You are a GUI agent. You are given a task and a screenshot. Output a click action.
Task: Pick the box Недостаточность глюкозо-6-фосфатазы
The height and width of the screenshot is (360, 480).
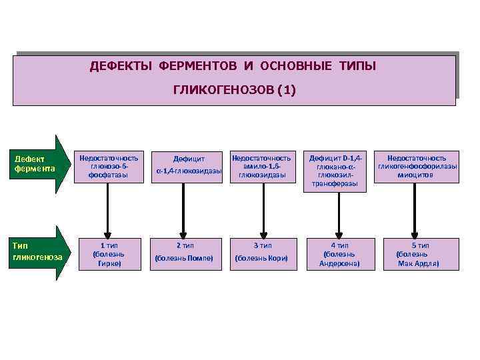[109, 167]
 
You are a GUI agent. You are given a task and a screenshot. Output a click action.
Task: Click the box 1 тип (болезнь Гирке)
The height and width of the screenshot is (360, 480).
[109, 254]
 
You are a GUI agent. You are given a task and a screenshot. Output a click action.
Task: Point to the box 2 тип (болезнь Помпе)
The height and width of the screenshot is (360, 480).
[184, 253]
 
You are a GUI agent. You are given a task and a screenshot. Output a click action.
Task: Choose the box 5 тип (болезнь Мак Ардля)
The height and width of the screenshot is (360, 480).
[417, 254]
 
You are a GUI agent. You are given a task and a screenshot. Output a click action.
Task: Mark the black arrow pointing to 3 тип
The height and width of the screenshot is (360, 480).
[263, 207]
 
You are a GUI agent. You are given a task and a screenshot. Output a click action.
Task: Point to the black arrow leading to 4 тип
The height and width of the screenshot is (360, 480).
[339, 213]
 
